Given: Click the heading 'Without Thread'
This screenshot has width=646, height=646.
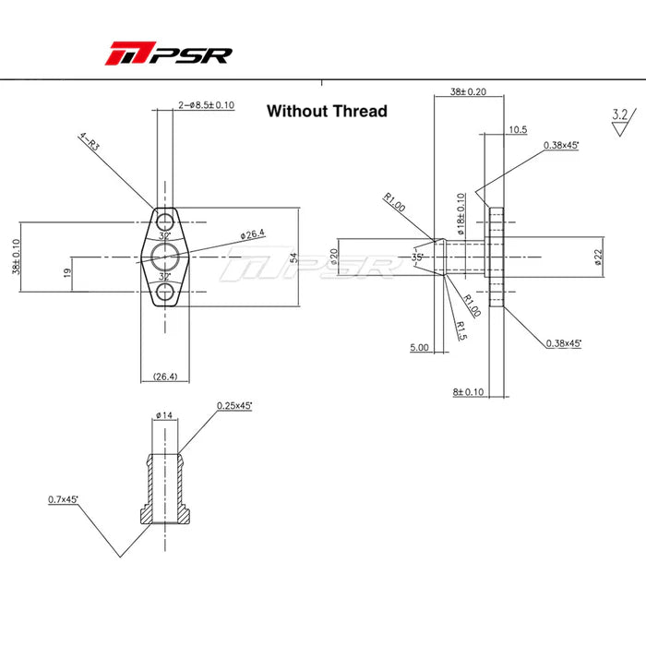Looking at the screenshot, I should click(x=327, y=111).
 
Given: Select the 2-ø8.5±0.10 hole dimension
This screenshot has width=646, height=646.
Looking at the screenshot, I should click(x=206, y=105).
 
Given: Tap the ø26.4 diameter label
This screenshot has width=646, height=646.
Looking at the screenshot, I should click(x=252, y=235).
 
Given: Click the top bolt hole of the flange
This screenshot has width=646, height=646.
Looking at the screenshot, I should click(x=166, y=221).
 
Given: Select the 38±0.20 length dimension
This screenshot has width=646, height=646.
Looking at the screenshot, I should click(x=469, y=92).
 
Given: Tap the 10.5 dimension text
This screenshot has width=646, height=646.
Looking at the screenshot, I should click(x=519, y=130).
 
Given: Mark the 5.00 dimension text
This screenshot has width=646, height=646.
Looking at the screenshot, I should click(x=420, y=348).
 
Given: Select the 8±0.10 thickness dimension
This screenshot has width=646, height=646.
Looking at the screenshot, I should click(x=469, y=391).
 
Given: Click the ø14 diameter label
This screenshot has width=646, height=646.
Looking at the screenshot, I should click(x=165, y=415).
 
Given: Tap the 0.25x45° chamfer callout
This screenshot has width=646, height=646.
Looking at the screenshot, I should click(x=235, y=405).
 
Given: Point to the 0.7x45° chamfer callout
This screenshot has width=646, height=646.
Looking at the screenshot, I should click(x=64, y=499).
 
